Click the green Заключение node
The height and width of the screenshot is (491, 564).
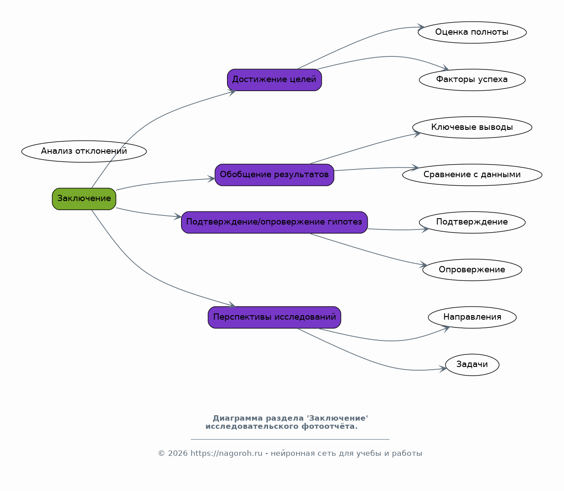pyautogui.click(x=84, y=199)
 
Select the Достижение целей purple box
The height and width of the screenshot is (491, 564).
pyautogui.click(x=274, y=80)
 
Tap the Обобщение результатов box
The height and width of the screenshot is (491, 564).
pyautogui.click(x=274, y=175)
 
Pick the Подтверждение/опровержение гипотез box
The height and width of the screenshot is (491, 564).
pyautogui.click(x=274, y=222)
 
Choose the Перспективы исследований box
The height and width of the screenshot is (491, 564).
pyautogui.click(x=274, y=317)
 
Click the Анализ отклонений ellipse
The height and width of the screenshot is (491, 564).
pyautogui.click(x=84, y=151)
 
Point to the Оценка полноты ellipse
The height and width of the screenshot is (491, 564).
pyautogui.click(x=472, y=32)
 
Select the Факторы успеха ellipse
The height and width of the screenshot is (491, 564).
pyautogui.click(x=472, y=80)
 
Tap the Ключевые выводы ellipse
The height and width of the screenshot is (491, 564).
pyautogui.click(x=472, y=127)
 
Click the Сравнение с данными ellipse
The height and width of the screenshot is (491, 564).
pyautogui.click(x=472, y=175)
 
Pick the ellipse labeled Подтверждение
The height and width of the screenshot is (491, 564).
pyautogui.click(x=472, y=222)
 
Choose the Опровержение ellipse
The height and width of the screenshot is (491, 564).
pyautogui.click(x=472, y=270)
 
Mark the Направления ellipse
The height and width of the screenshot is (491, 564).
pyautogui.click(x=472, y=317)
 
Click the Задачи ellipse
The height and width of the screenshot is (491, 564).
pyautogui.click(x=472, y=365)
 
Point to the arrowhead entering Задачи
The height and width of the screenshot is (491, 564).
pyautogui.click(x=443, y=369)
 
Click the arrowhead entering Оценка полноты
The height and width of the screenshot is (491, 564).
pyautogui.click(x=421, y=27)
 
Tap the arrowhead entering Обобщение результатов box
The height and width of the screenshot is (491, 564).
pyautogui.click(x=211, y=179)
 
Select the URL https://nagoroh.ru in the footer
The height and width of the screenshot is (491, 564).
pyautogui.click(x=226, y=453)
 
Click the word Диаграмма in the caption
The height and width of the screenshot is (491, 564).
pyautogui.click(x=238, y=418)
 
